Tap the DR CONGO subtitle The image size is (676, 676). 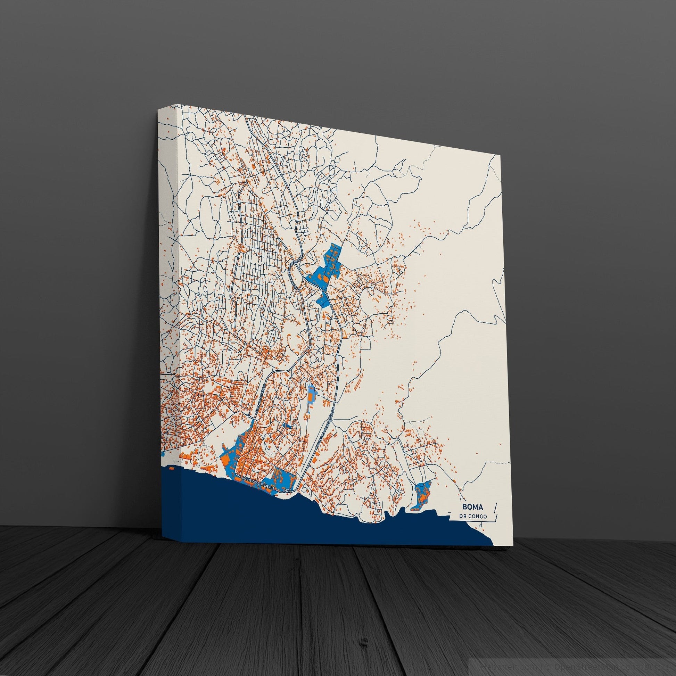pos(473,517)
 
